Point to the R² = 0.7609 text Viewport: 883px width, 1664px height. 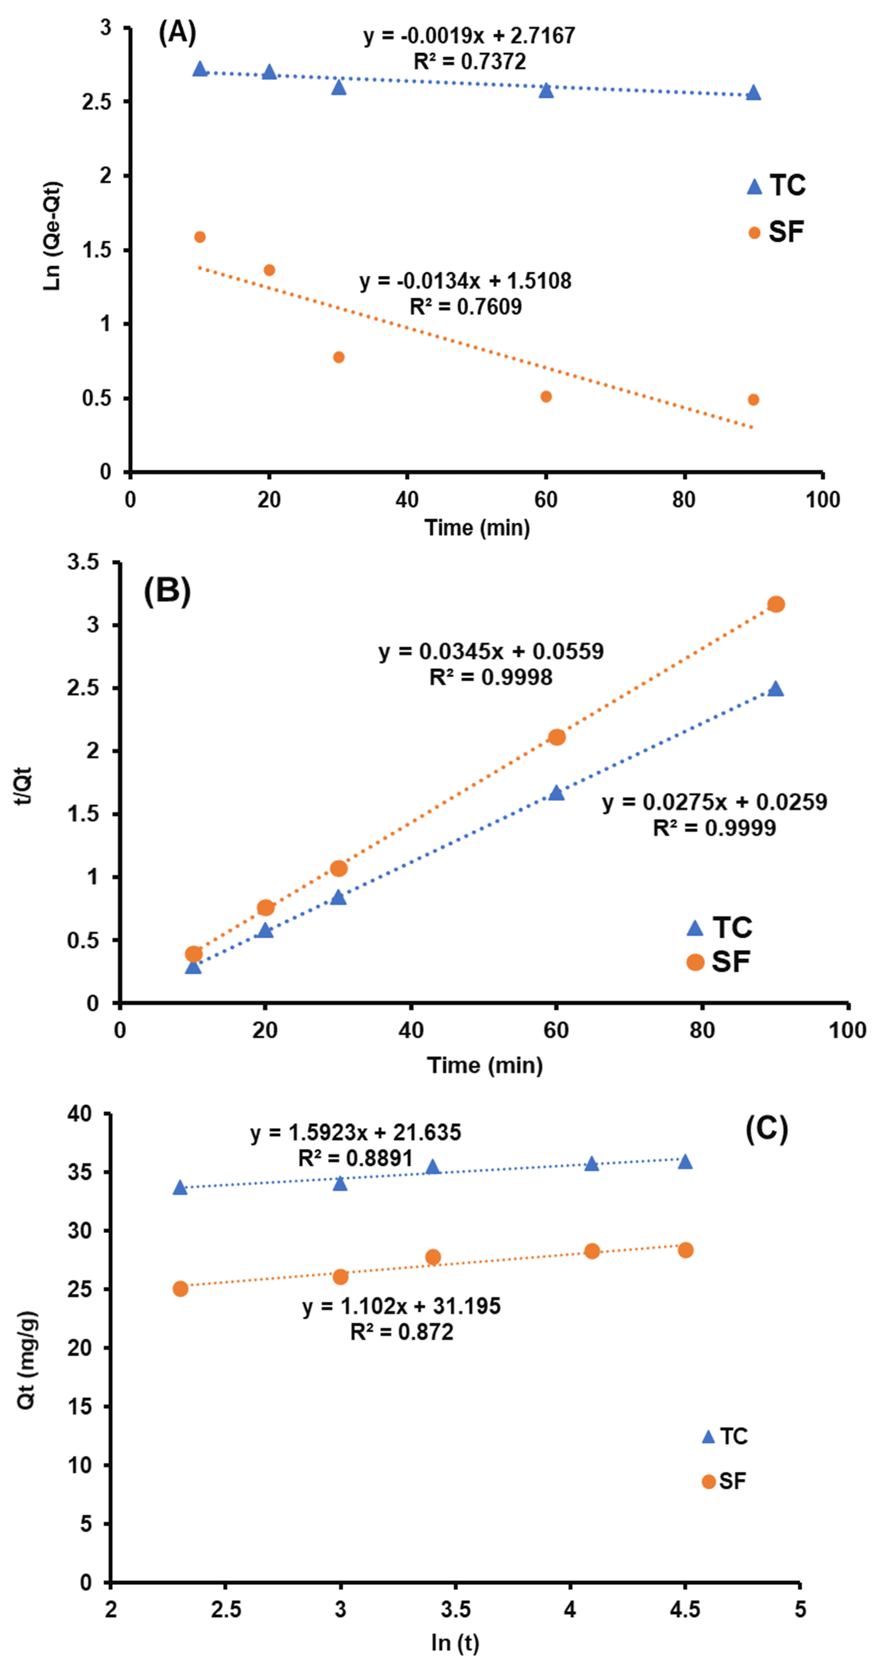click(x=466, y=306)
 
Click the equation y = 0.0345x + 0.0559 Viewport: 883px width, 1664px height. click(x=491, y=651)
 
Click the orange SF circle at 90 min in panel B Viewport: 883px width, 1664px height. click(x=776, y=604)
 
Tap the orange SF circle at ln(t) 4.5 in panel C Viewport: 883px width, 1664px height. click(x=685, y=1250)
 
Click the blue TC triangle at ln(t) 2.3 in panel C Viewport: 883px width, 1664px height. click(x=180, y=1187)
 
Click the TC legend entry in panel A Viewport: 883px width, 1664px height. click(x=776, y=186)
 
